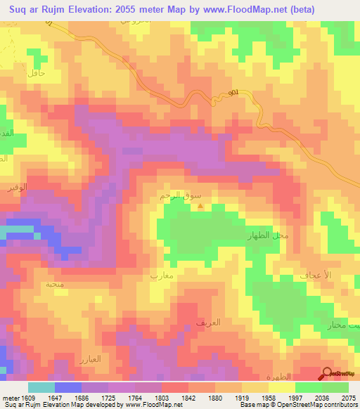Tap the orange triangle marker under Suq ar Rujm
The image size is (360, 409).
[x=202, y=206]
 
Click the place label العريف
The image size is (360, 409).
[x=209, y=323]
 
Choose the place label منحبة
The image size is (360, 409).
[x=54, y=285]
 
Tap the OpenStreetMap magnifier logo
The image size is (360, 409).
[x=328, y=374]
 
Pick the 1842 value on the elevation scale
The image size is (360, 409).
[x=188, y=397]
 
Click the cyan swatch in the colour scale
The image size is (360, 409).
[x=41, y=387]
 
